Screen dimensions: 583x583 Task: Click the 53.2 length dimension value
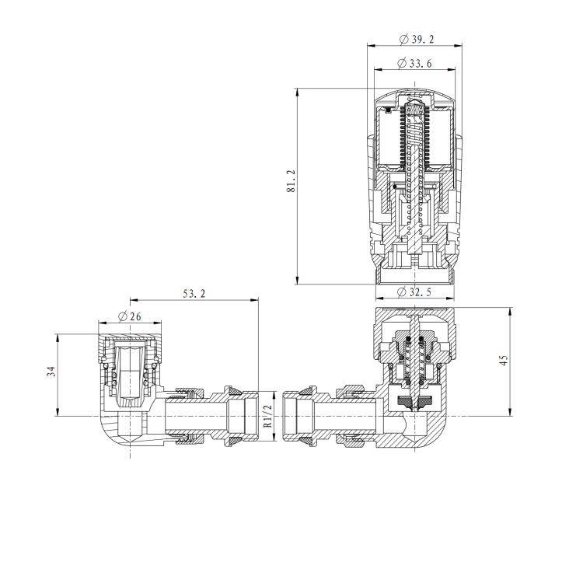[x=194, y=293]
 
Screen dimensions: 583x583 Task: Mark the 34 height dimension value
[x=51, y=372]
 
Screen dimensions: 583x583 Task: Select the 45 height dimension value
[x=503, y=361]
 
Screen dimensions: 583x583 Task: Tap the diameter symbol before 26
[x=122, y=316]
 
